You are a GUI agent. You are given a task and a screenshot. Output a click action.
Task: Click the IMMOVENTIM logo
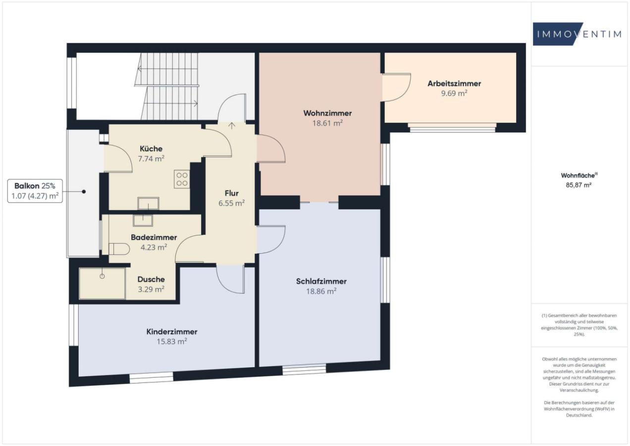(577, 34)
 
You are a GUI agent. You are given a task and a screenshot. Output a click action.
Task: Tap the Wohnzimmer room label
(327, 113)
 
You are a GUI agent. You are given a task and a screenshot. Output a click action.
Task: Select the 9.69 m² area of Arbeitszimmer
(454, 93)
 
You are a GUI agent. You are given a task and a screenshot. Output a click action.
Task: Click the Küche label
(151, 149)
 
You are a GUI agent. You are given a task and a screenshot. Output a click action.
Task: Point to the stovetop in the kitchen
(182, 179)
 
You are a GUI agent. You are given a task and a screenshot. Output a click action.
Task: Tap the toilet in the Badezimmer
(118, 249)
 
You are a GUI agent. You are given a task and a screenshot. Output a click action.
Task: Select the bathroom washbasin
(143, 220)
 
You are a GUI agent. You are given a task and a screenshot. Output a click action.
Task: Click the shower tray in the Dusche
(102, 283)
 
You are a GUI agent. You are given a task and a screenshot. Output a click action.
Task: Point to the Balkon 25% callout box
(35, 191)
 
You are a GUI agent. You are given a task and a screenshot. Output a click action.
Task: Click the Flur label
(232, 193)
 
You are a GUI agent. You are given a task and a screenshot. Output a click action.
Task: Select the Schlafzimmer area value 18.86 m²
(321, 291)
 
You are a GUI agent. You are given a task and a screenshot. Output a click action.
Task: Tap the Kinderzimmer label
(172, 332)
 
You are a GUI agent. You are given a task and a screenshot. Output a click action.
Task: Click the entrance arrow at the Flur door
(232, 124)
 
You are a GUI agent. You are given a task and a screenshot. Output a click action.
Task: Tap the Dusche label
(151, 279)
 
